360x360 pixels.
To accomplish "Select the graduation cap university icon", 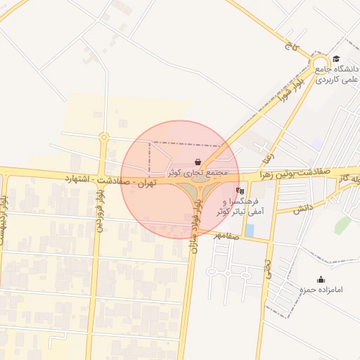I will pos(336,59).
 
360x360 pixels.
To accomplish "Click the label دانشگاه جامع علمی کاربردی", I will pos(337,75).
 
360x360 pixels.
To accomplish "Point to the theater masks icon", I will pos(240,190).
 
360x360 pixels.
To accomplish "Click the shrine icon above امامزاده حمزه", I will pos(321,279).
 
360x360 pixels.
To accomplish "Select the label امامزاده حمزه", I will pos(321,290).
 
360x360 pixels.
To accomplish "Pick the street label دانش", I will pos(303,208).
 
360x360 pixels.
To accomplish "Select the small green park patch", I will pos(342,225).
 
